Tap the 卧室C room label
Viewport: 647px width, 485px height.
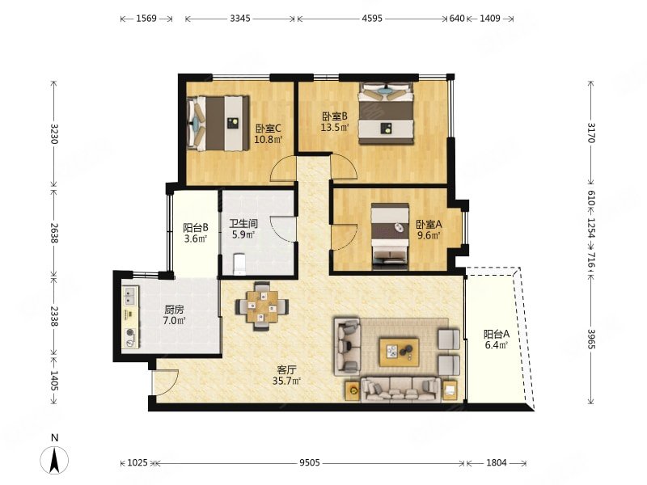click(x=269, y=129)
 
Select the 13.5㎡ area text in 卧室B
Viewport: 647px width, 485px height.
click(x=335, y=127)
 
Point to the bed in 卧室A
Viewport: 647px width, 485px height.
click(x=390, y=237)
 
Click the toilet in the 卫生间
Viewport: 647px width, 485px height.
click(x=239, y=264)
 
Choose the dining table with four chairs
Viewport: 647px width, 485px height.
click(x=262, y=306)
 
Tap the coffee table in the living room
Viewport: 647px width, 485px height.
click(x=400, y=352)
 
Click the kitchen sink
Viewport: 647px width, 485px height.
click(x=131, y=296)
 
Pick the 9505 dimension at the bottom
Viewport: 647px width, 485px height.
click(x=310, y=462)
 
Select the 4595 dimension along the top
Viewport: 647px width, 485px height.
click(x=372, y=19)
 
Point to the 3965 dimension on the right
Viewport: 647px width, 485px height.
click(x=591, y=339)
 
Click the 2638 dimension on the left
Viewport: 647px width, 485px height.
click(x=53, y=233)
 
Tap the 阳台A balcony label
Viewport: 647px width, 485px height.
click(x=497, y=334)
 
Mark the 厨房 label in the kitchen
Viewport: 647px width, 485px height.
click(x=174, y=310)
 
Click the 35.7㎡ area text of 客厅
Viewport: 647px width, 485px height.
click(x=286, y=381)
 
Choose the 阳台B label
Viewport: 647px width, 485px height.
click(x=195, y=228)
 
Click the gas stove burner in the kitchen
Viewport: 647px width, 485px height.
click(x=131, y=332)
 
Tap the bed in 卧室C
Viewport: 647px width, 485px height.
click(x=218, y=124)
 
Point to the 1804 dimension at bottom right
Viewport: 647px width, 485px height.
click(x=497, y=462)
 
